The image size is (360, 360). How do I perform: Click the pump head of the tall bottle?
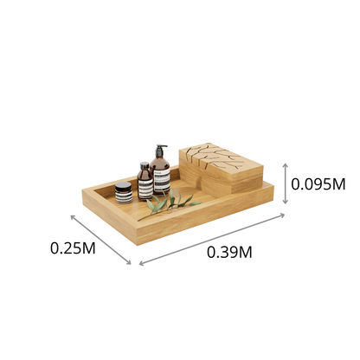click(x=160, y=150)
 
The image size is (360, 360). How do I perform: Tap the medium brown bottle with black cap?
click(x=145, y=183)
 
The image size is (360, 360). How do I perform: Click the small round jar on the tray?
click(x=124, y=193)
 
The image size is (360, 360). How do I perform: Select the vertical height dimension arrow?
click(x=285, y=183)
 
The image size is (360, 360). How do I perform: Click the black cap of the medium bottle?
click(x=144, y=164)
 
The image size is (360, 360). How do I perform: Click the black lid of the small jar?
click(x=124, y=186)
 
